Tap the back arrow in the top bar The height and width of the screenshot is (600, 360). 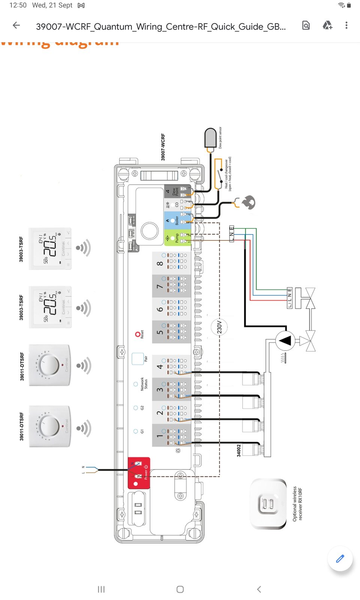pos(16,25)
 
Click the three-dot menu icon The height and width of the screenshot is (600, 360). pos(346,25)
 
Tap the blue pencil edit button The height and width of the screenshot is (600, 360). pos(340,559)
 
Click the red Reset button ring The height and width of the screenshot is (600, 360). pos(138,334)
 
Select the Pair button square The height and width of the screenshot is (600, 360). pos(138,358)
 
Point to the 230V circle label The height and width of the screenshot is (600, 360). pos(219,327)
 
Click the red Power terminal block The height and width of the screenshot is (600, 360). pos(139,473)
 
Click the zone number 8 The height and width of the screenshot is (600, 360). pos(160,263)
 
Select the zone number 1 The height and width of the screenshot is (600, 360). pos(160,436)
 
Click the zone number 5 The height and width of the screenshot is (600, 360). pos(160,332)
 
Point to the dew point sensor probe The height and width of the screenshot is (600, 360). pos(210,138)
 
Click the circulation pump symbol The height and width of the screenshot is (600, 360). pos(285,340)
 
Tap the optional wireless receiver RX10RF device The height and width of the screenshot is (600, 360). pos(268,504)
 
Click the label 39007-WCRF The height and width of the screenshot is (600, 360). pos(163,147)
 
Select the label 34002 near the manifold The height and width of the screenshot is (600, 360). pos(239,450)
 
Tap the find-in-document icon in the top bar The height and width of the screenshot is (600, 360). pos(306,25)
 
